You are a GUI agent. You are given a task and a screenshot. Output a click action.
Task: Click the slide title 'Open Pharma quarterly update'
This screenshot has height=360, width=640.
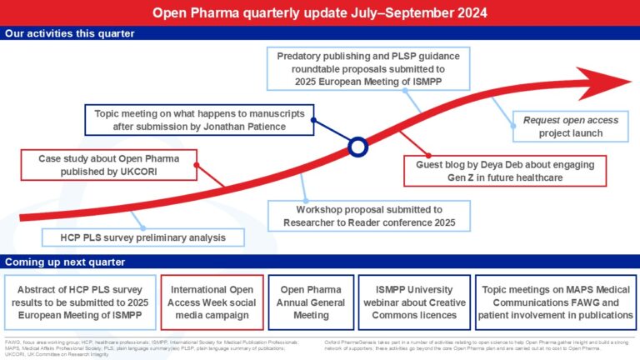[320, 13]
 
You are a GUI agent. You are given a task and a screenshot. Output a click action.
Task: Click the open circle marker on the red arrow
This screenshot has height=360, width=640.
[357, 147]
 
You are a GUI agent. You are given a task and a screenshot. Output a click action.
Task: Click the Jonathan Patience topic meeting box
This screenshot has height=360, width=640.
[198, 120]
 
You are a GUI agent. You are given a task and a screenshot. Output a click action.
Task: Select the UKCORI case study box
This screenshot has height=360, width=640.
[104, 165]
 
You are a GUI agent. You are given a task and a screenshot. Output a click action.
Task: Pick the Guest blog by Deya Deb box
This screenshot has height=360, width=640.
[505, 172]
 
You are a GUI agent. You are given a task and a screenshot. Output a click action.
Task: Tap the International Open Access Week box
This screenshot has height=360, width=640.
[212, 297]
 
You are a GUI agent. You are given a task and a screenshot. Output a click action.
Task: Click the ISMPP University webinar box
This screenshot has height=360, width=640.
[402, 297]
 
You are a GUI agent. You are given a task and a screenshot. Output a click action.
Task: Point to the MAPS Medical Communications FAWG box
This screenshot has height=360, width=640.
[557, 297]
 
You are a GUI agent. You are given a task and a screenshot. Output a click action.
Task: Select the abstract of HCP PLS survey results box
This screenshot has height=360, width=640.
[80, 297]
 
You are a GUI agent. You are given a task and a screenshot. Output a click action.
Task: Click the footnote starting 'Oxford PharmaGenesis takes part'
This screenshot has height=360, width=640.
[477, 344]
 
